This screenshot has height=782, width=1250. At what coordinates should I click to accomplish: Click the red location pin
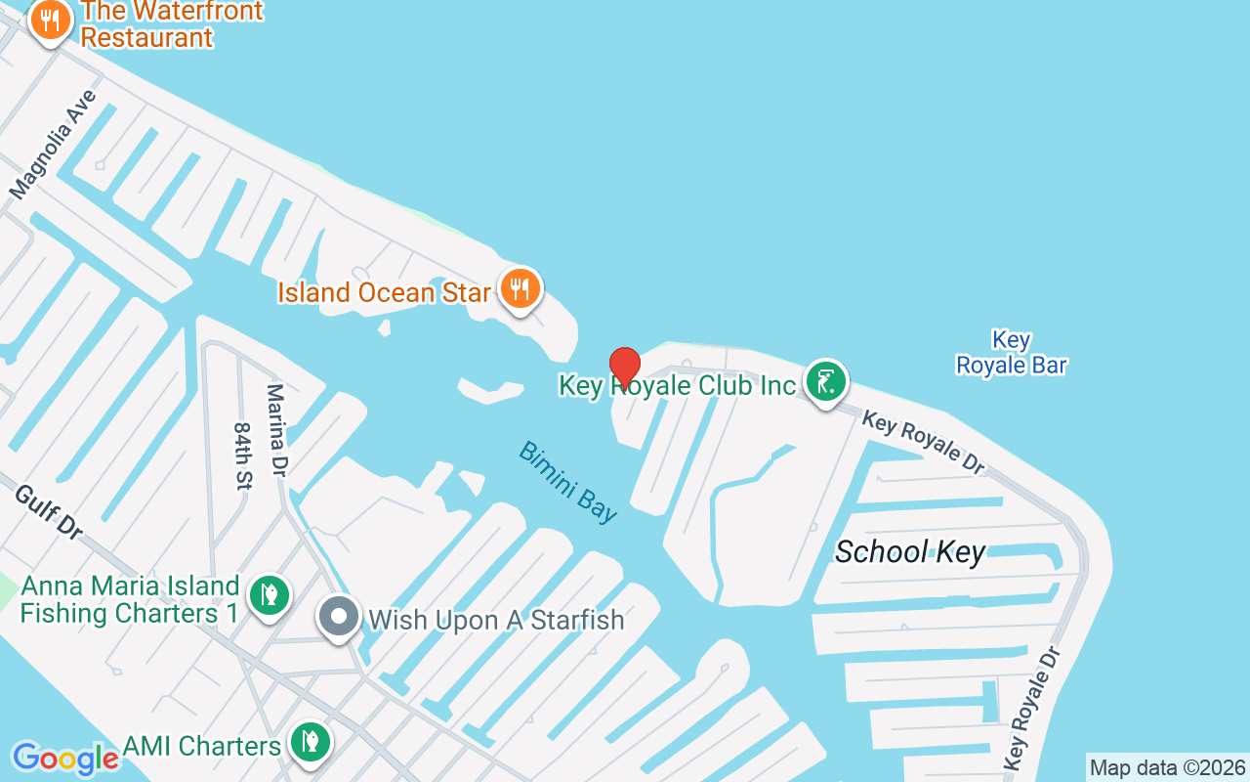[625, 367]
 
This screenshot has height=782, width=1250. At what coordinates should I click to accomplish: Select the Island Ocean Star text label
[384, 292]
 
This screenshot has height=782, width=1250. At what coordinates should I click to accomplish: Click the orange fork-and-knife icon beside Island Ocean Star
[521, 288]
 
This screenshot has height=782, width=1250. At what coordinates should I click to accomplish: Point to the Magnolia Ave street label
[55, 144]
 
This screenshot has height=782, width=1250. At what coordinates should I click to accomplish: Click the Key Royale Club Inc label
[678, 385]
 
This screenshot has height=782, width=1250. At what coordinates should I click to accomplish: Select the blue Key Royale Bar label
[1011, 353]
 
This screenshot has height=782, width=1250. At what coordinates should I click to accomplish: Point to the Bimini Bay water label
[568, 481]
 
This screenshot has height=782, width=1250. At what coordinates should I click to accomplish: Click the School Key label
[910, 552]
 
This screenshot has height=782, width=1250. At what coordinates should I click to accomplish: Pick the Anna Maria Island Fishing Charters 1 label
[130, 599]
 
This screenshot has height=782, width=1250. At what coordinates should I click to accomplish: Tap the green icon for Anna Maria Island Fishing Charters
[269, 594]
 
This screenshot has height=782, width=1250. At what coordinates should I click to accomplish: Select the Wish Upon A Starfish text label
[495, 620]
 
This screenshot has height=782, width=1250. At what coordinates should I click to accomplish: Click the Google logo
[64, 758]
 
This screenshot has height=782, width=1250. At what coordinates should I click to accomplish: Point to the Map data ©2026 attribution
[1167, 767]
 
